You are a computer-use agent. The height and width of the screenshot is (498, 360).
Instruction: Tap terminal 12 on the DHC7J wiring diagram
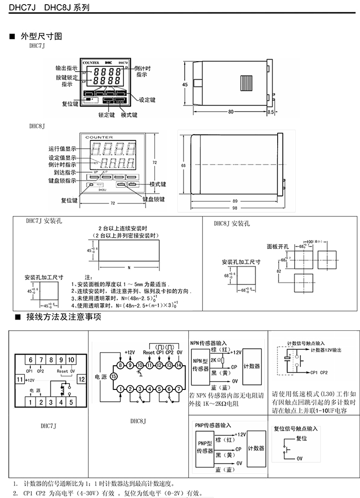(x=81, y=379)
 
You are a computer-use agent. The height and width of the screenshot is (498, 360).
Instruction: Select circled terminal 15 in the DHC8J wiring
(x=113, y=376)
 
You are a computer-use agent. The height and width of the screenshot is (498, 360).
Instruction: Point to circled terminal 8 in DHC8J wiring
(x=120, y=365)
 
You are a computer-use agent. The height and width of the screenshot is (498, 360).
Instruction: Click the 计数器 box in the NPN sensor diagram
(x=252, y=366)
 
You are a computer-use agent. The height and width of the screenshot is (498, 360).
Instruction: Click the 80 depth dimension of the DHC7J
(x=230, y=112)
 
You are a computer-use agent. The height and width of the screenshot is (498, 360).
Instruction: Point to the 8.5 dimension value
(x=272, y=112)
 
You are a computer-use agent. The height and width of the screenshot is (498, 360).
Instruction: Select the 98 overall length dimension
(x=235, y=207)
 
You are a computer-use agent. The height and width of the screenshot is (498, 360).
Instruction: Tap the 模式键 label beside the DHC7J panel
(x=129, y=115)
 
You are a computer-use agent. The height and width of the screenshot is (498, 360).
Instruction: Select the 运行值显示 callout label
(x=63, y=149)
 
